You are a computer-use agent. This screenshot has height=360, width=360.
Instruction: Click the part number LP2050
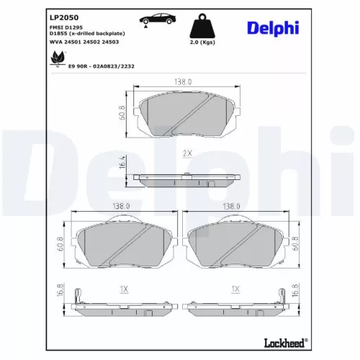tap(63, 15)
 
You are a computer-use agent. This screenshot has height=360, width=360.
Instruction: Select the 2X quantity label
tap(186, 153)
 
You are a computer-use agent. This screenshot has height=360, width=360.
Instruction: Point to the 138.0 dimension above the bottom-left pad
tap(122, 206)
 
